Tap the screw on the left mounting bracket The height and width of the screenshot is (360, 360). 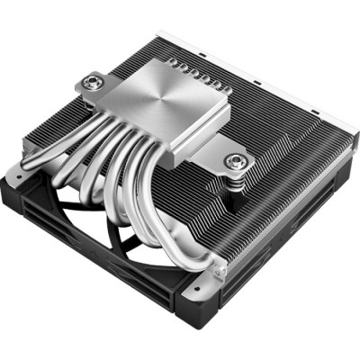click(90, 84)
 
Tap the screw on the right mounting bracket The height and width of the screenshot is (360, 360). click(238, 163)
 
